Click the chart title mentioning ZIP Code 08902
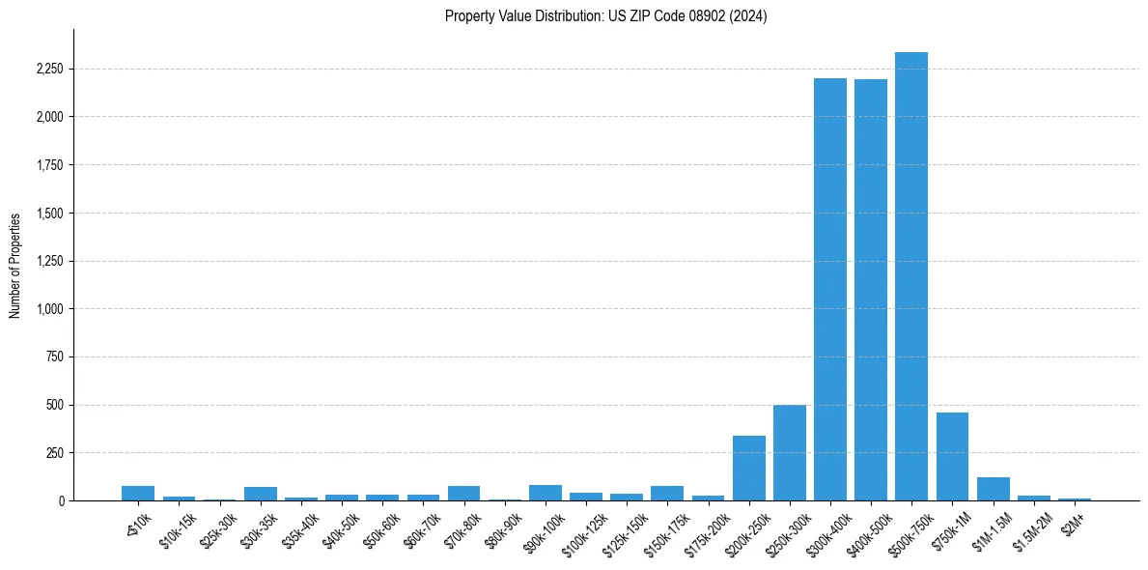pos(605,16)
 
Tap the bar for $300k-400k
pos(829,290)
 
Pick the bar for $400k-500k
pos(870,290)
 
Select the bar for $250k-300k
pos(789,453)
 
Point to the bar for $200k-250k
pos(748,469)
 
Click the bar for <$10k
pos(138,493)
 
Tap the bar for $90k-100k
pos(545,493)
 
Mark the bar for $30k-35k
pos(260,494)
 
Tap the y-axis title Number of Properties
pos(15,265)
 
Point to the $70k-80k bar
pos(463,493)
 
